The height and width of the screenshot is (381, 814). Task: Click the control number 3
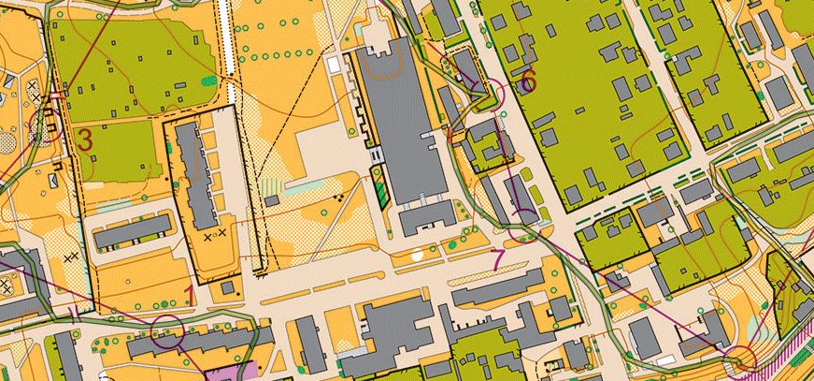85,140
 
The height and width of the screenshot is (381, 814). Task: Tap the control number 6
528,81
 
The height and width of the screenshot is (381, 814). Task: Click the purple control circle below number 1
168,327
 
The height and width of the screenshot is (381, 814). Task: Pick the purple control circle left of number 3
52,125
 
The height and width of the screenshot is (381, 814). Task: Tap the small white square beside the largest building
335,65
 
